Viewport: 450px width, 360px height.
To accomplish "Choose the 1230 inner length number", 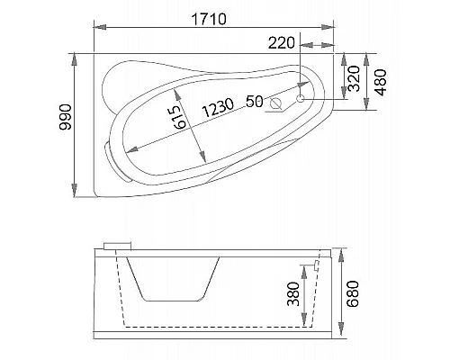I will [220, 105].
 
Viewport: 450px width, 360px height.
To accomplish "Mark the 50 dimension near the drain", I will [254, 102].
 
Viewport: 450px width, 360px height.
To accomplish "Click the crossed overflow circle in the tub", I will [276, 104].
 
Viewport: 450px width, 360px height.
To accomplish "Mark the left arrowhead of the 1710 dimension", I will [96, 26].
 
